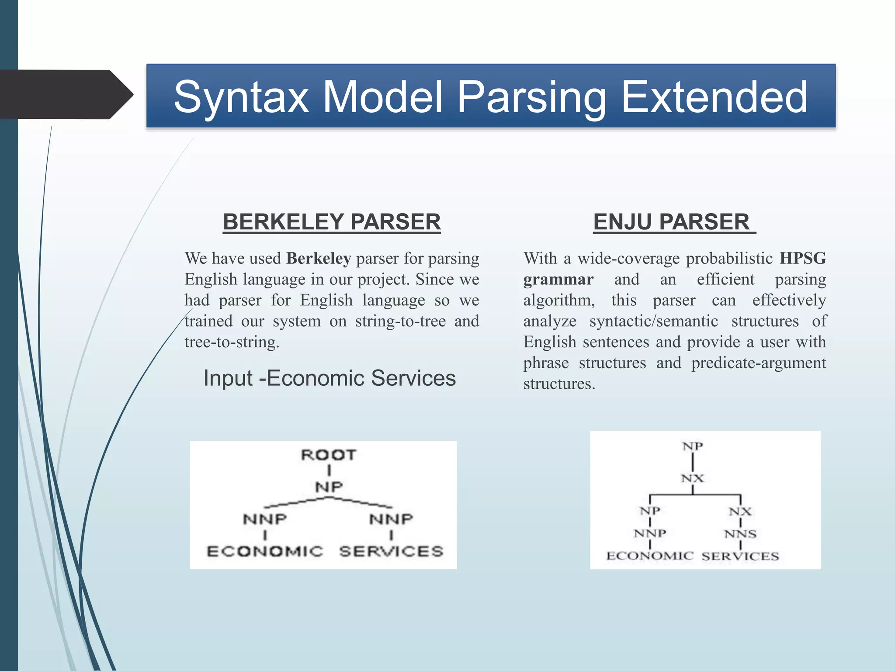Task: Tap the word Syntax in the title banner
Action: tap(241, 98)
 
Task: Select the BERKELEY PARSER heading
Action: tap(332, 222)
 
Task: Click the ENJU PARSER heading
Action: tap(671, 222)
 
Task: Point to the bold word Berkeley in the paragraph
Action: tap(319, 259)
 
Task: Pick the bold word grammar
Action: tap(559, 279)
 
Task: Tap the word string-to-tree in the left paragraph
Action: tap(400, 321)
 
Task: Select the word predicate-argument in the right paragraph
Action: tap(759, 363)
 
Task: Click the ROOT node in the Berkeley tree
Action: tap(329, 455)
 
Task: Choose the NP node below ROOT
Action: tap(329, 487)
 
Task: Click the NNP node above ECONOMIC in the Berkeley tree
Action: tap(265, 519)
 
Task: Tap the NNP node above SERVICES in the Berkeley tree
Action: tap(391, 519)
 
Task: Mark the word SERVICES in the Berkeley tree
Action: tap(391, 551)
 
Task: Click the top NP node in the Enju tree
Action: tap(693, 446)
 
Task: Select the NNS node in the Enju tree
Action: tap(740, 534)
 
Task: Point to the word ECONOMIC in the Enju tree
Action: tap(650, 556)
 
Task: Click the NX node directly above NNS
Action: tap(740, 511)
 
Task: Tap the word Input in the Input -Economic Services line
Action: tap(228, 378)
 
